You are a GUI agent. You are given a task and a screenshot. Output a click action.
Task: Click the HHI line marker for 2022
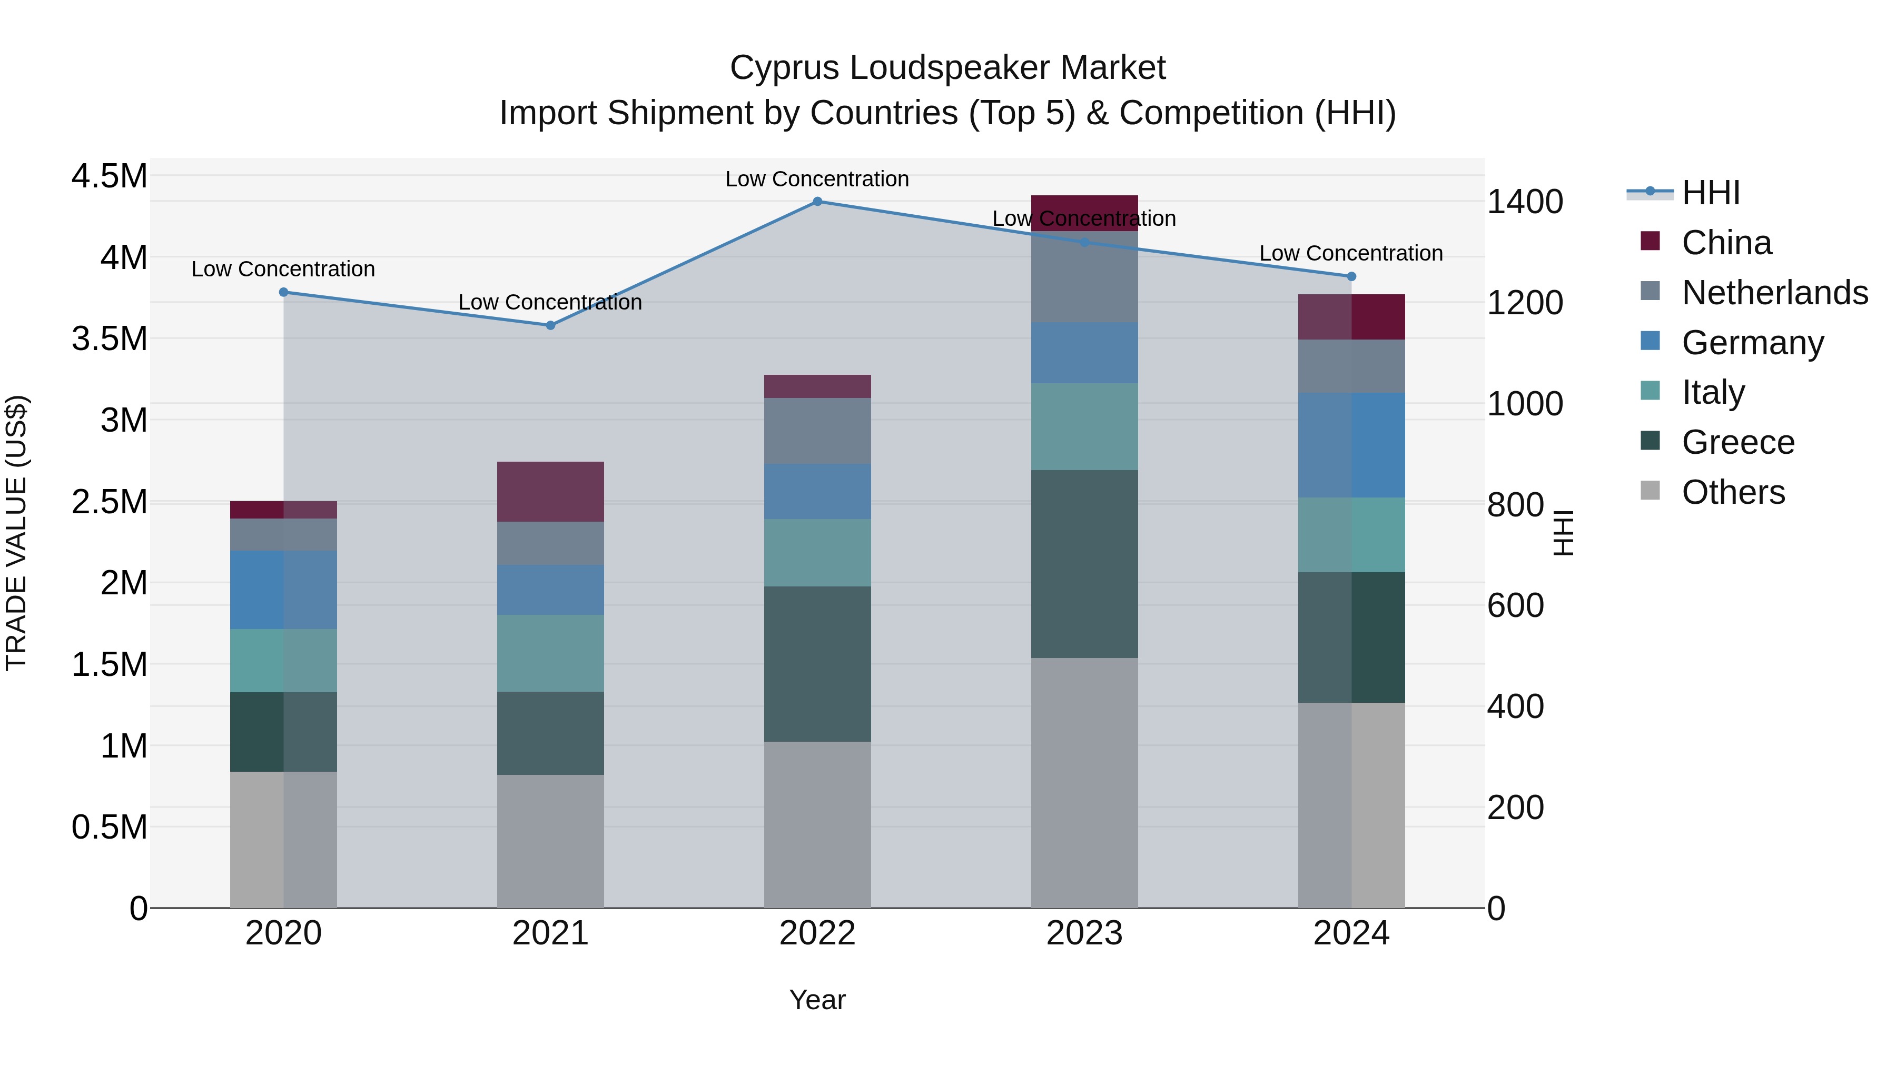tap(817, 202)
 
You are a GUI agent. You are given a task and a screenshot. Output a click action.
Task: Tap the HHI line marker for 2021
tap(550, 325)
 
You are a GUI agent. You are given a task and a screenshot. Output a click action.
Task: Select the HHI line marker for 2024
tap(1351, 276)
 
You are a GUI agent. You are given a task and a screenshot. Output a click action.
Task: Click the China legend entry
tap(1726, 243)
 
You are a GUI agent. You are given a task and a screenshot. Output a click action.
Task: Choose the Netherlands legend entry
tap(1774, 293)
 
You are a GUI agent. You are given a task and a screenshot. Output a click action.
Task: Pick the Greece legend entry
tap(1738, 442)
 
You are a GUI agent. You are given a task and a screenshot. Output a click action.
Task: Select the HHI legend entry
tap(1711, 193)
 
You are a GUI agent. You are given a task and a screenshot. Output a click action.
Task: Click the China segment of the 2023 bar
tap(1084, 213)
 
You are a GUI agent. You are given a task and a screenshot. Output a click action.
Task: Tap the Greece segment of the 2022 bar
tap(817, 664)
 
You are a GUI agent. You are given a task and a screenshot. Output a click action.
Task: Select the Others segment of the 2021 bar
tap(550, 841)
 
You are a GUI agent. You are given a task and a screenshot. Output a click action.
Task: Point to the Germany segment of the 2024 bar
tap(1351, 445)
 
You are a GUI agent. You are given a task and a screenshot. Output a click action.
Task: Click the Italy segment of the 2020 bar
tap(283, 661)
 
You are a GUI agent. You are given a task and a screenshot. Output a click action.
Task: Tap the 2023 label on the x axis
tap(1084, 933)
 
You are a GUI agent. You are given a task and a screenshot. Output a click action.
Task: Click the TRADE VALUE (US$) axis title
tap(16, 533)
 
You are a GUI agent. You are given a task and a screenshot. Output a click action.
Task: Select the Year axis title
tap(817, 1000)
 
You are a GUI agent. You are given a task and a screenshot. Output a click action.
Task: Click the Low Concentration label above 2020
tap(283, 269)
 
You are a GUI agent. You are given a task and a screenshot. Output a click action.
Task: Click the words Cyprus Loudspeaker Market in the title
tap(947, 68)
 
